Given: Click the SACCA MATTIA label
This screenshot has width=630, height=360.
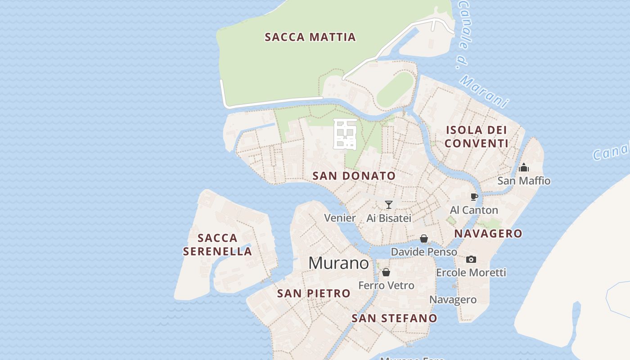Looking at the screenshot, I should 310,37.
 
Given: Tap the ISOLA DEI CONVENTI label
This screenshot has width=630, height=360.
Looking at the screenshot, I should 477,137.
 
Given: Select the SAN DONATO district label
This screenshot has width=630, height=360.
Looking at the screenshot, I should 354,176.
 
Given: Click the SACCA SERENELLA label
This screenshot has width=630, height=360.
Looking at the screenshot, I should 217,244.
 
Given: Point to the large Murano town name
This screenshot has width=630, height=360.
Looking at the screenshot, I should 339,263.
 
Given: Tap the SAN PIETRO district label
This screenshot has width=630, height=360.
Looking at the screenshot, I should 314,293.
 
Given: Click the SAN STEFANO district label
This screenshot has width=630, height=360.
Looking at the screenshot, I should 394,318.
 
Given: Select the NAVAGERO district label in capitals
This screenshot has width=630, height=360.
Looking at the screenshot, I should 488,234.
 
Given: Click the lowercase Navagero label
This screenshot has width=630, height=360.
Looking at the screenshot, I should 453,300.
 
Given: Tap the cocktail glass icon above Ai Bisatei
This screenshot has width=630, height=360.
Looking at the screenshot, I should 389,205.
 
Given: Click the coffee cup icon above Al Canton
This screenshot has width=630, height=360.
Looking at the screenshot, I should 474,197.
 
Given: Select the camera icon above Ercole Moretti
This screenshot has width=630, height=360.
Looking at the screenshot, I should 471,259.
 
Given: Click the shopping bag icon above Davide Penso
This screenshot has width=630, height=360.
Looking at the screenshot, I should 424,238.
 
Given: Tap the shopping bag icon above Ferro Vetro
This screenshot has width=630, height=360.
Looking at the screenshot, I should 386,272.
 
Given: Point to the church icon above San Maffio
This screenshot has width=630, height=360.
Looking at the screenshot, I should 524,167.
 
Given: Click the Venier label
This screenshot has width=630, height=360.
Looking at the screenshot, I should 340,218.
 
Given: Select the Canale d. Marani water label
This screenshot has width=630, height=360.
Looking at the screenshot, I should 481,54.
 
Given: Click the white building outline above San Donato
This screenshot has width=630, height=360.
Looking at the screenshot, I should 345,134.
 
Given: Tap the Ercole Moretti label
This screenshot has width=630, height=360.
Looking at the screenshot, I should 471,273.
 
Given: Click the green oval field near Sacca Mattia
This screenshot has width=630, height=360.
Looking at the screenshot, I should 395,89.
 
